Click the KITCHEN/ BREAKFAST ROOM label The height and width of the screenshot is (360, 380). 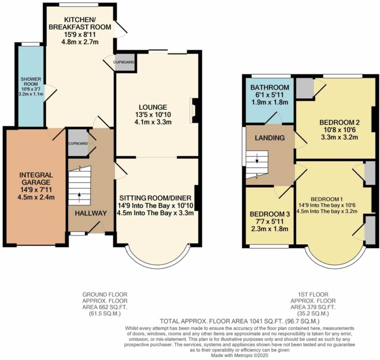80,23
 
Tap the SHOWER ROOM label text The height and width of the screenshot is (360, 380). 31,82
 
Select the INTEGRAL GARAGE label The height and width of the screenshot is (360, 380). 36,178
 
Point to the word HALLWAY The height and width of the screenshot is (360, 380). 91,213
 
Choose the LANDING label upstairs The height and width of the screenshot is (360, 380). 269,138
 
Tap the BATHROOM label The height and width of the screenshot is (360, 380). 270,87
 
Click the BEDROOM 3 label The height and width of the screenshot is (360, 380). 270,214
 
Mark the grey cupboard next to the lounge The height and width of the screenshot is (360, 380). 125,62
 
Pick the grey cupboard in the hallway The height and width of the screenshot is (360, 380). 78,143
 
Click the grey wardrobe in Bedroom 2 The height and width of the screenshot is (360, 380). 305,88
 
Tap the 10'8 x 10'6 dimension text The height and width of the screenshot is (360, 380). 339,130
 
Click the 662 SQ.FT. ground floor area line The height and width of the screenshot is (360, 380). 105,307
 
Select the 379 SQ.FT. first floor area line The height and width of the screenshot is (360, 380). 313,307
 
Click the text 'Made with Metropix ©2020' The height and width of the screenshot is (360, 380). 240,356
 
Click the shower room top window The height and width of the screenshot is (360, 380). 31,44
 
